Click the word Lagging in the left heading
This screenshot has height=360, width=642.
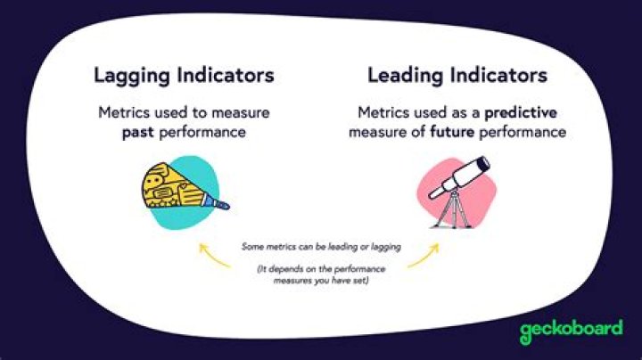click(131, 77)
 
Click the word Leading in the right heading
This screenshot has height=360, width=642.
click(405, 77)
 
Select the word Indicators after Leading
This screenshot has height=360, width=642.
click(499, 75)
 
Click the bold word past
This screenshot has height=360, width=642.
click(138, 133)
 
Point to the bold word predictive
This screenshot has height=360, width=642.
click(521, 113)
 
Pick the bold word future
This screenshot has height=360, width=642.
click(452, 132)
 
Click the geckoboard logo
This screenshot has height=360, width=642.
click(572, 331)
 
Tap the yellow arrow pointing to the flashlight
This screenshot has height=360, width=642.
click(213, 256)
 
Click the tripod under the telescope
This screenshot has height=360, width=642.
click(453, 210)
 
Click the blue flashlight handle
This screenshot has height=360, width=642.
click(216, 201)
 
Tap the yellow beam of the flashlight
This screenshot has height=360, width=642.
click(173, 186)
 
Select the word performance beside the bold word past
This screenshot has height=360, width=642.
click(202, 133)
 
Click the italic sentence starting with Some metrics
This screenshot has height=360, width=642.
click(321, 247)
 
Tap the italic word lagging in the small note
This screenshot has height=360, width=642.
click(386, 248)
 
